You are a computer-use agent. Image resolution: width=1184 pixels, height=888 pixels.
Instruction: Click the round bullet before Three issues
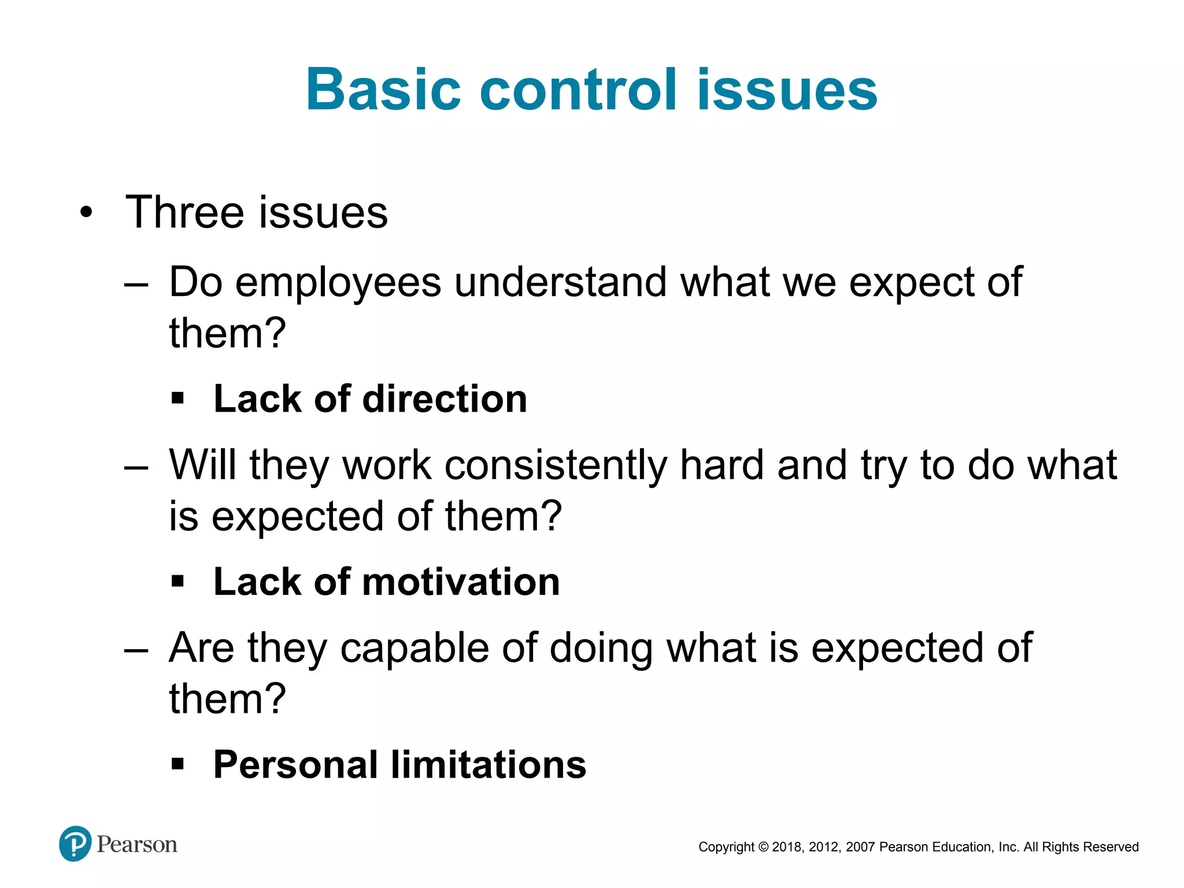tap(86, 213)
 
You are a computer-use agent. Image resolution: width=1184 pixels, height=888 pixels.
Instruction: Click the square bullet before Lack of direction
tap(177, 398)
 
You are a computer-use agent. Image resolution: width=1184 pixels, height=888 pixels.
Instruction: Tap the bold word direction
tap(445, 399)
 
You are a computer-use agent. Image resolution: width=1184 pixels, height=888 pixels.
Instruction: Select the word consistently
tap(556, 465)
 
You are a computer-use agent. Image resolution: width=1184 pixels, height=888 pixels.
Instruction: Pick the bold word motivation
tap(461, 582)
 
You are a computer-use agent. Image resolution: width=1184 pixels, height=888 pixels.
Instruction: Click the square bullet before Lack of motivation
tap(177, 581)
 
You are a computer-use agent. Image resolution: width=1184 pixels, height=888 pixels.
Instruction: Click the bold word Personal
tap(295, 765)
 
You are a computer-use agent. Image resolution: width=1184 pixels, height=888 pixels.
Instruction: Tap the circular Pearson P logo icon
tap(75, 843)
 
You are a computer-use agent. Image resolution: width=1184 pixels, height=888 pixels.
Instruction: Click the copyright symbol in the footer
tap(763, 847)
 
